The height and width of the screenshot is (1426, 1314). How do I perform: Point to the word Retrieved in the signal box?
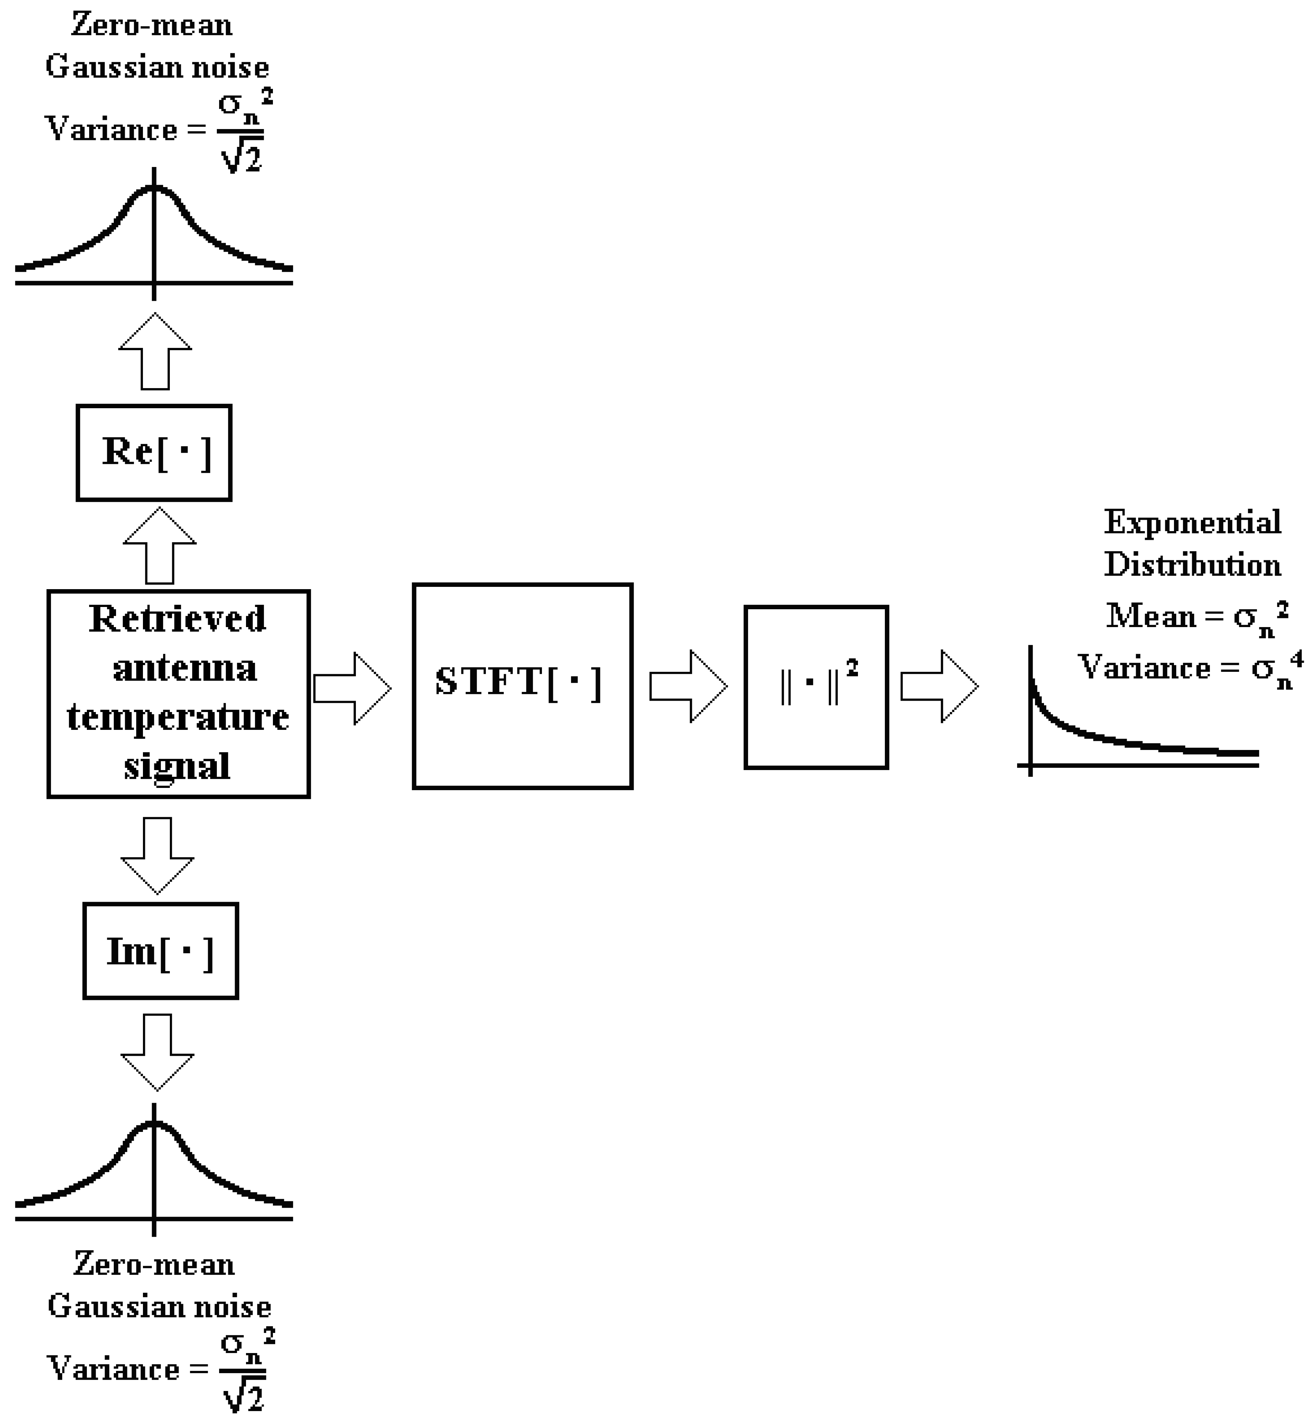pyautogui.click(x=178, y=619)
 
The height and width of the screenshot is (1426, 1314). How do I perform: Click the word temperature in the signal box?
pyautogui.click(x=178, y=717)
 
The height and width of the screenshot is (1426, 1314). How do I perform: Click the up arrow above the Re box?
pyautogui.click(x=155, y=351)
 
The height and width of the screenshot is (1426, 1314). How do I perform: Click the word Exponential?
pyautogui.click(x=1192, y=523)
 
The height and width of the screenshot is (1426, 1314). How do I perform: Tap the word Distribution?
pyautogui.click(x=1192, y=565)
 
